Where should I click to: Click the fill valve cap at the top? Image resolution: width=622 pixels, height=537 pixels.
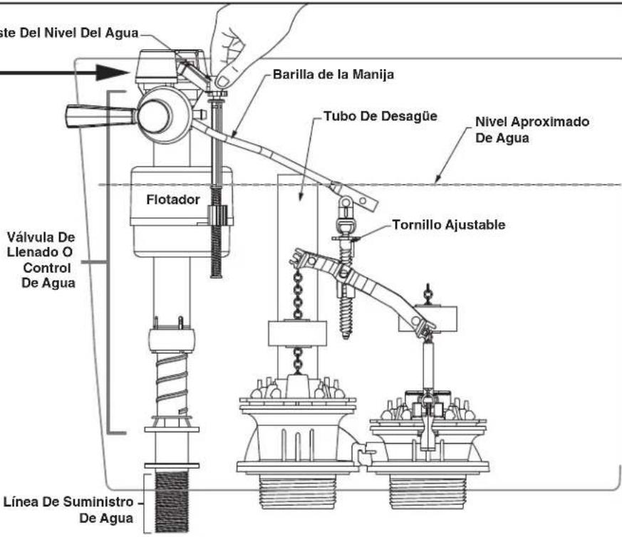click(153, 66)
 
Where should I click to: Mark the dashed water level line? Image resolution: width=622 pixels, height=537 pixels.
click(499, 184)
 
